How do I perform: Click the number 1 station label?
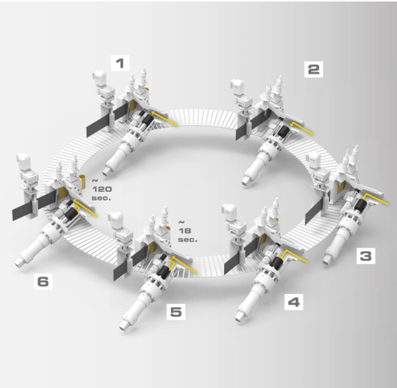120,63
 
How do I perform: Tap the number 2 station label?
313,69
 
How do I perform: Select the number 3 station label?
366,256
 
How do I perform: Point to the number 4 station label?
294,302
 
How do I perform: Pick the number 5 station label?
176,312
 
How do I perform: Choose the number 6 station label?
43,281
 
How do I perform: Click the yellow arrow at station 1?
164,118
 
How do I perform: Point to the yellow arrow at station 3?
375,199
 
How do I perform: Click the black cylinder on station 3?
360,205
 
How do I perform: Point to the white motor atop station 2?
238,87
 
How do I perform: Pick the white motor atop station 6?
24,162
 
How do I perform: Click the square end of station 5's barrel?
124,326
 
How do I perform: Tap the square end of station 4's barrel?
239,317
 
